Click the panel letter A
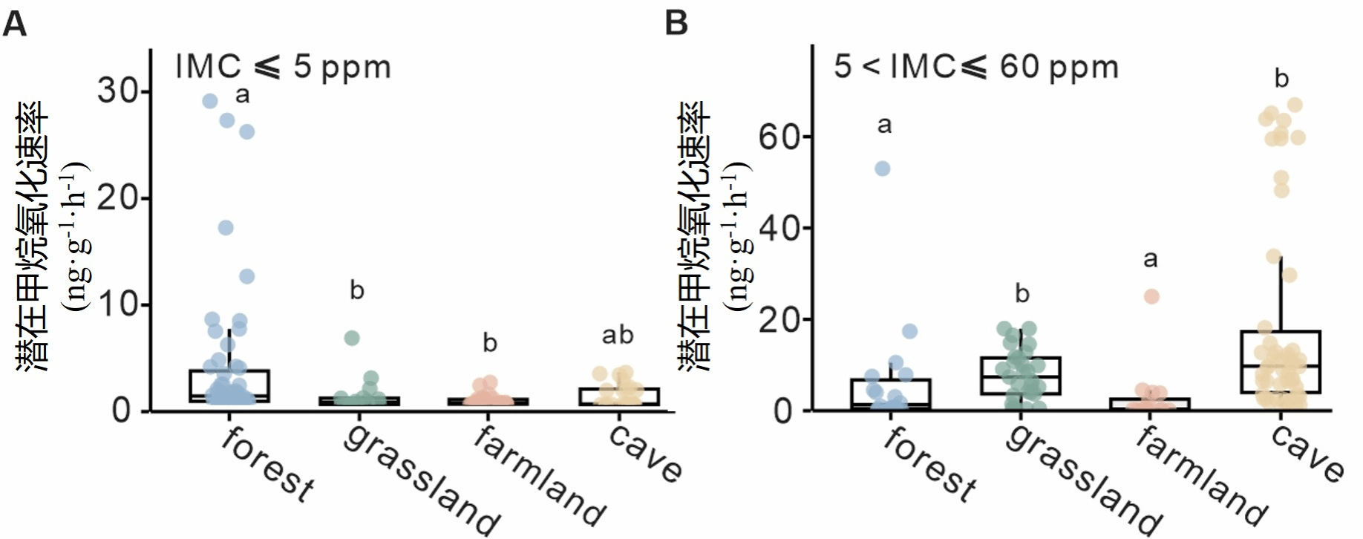15,24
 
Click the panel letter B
676,24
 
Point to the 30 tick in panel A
119,91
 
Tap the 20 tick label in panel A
119,198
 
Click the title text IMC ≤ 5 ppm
283,67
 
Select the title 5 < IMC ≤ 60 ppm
975,67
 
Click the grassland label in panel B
1084,480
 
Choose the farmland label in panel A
540,475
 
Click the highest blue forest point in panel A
210,101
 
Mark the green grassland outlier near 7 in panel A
352,339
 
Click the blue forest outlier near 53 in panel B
882,169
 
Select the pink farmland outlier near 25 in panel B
1151,297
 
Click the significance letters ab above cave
618,336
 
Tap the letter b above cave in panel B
1281,79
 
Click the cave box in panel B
1281,362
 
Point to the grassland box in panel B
1021,376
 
